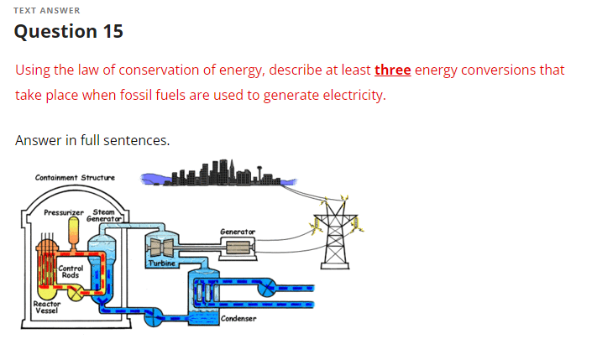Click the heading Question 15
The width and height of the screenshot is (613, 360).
pyautogui.click(x=69, y=32)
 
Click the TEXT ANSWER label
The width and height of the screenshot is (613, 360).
pyautogui.click(x=47, y=10)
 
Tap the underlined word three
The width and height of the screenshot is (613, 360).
pyautogui.click(x=392, y=70)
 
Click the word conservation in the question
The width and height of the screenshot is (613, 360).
pyautogui.click(x=149, y=70)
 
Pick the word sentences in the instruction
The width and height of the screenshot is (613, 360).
pyautogui.click(x=134, y=140)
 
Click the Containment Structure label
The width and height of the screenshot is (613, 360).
pyautogui.click(x=75, y=178)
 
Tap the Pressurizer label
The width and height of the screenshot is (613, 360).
pyautogui.click(x=64, y=213)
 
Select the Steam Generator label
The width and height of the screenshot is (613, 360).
pyautogui.click(x=106, y=216)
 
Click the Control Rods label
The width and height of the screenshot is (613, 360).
pyautogui.click(x=71, y=272)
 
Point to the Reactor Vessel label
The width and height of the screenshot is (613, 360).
pyautogui.click(x=45, y=307)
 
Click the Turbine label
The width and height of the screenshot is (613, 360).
pyautogui.click(x=161, y=263)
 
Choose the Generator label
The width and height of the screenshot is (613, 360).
pyautogui.click(x=237, y=231)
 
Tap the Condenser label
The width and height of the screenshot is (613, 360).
pyautogui.click(x=239, y=319)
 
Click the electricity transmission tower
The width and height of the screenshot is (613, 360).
pyautogui.click(x=335, y=233)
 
